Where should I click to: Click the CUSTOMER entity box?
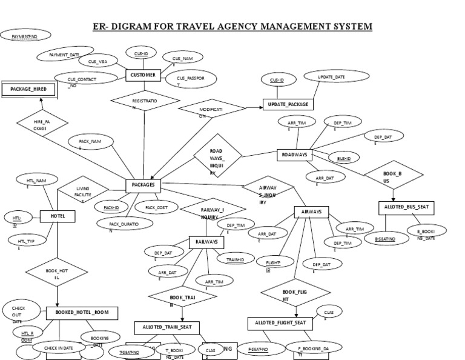pos(143,75)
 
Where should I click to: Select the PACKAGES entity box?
pos(143,184)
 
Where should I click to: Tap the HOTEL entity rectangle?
pos(57,216)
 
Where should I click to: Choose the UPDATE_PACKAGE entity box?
pos(287,104)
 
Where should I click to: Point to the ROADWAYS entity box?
pos(295,155)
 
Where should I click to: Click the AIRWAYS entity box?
pos(311,212)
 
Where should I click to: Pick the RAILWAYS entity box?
pos(206,242)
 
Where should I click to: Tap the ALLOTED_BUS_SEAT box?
pos(406,207)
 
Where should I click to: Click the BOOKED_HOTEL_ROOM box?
pos(82,313)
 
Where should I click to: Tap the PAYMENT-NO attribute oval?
pos(24,38)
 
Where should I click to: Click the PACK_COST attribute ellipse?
pos(156,207)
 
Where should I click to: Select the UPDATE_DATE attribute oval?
pos(332,78)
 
